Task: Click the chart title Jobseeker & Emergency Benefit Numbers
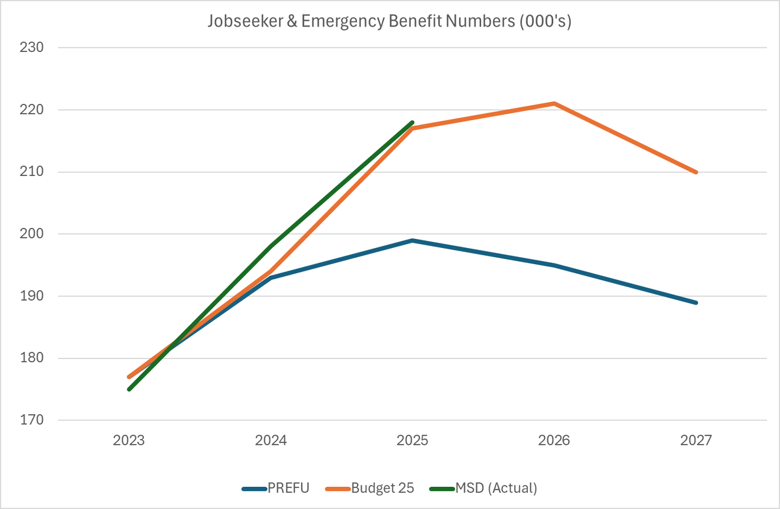[x=389, y=21]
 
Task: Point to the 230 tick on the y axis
[x=31, y=48]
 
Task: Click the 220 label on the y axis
[x=31, y=110]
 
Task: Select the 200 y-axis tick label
[x=31, y=234]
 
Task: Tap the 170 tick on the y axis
[x=31, y=421]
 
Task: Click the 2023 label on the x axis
[x=129, y=441]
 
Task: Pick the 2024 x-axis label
[x=270, y=441]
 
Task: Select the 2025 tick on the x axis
[x=412, y=441]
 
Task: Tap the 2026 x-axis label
[x=554, y=441]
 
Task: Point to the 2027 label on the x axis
[x=696, y=441]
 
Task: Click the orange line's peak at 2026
[x=554, y=103]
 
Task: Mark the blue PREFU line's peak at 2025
[x=412, y=240]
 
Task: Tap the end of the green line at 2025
[x=412, y=122]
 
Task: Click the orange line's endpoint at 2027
[x=696, y=172]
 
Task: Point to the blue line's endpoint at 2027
[x=696, y=303]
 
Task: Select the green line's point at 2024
[x=270, y=247]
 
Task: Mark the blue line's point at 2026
[x=554, y=265]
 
